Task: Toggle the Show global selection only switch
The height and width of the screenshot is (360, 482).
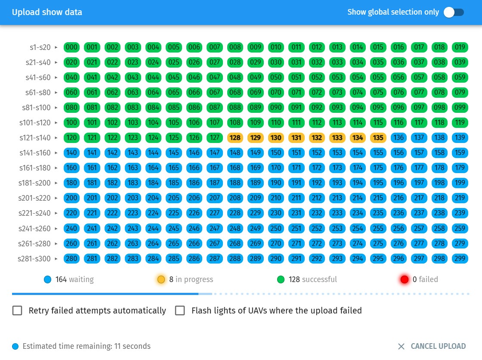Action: [454, 12]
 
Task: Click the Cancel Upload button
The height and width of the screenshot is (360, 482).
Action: [432, 346]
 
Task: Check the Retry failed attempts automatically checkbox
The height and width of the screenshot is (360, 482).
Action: [17, 310]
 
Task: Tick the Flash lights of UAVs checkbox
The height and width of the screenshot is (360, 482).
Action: [180, 310]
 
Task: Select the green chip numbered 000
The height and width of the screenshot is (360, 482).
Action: [72, 47]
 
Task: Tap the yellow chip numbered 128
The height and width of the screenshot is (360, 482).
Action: [235, 138]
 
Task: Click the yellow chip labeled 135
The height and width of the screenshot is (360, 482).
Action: [378, 138]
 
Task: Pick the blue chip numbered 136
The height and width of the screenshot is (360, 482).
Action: [399, 138]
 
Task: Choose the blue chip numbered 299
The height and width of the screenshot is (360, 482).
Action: [460, 259]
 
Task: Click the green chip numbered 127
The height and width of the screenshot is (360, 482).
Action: [215, 138]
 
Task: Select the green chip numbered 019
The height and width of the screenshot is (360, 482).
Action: [460, 47]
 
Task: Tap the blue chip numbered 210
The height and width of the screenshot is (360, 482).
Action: [276, 198]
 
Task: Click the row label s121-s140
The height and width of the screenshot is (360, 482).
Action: [35, 138]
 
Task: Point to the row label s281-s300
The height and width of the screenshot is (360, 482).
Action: [34, 259]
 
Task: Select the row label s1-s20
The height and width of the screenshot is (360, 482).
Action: [40, 47]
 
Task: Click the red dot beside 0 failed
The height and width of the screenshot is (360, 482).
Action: [405, 279]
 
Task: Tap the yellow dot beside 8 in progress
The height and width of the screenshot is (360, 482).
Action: [161, 279]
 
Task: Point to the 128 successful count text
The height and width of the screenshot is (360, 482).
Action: [313, 279]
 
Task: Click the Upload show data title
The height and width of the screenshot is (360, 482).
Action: [47, 12]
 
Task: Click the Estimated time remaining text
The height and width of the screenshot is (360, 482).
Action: [87, 346]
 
